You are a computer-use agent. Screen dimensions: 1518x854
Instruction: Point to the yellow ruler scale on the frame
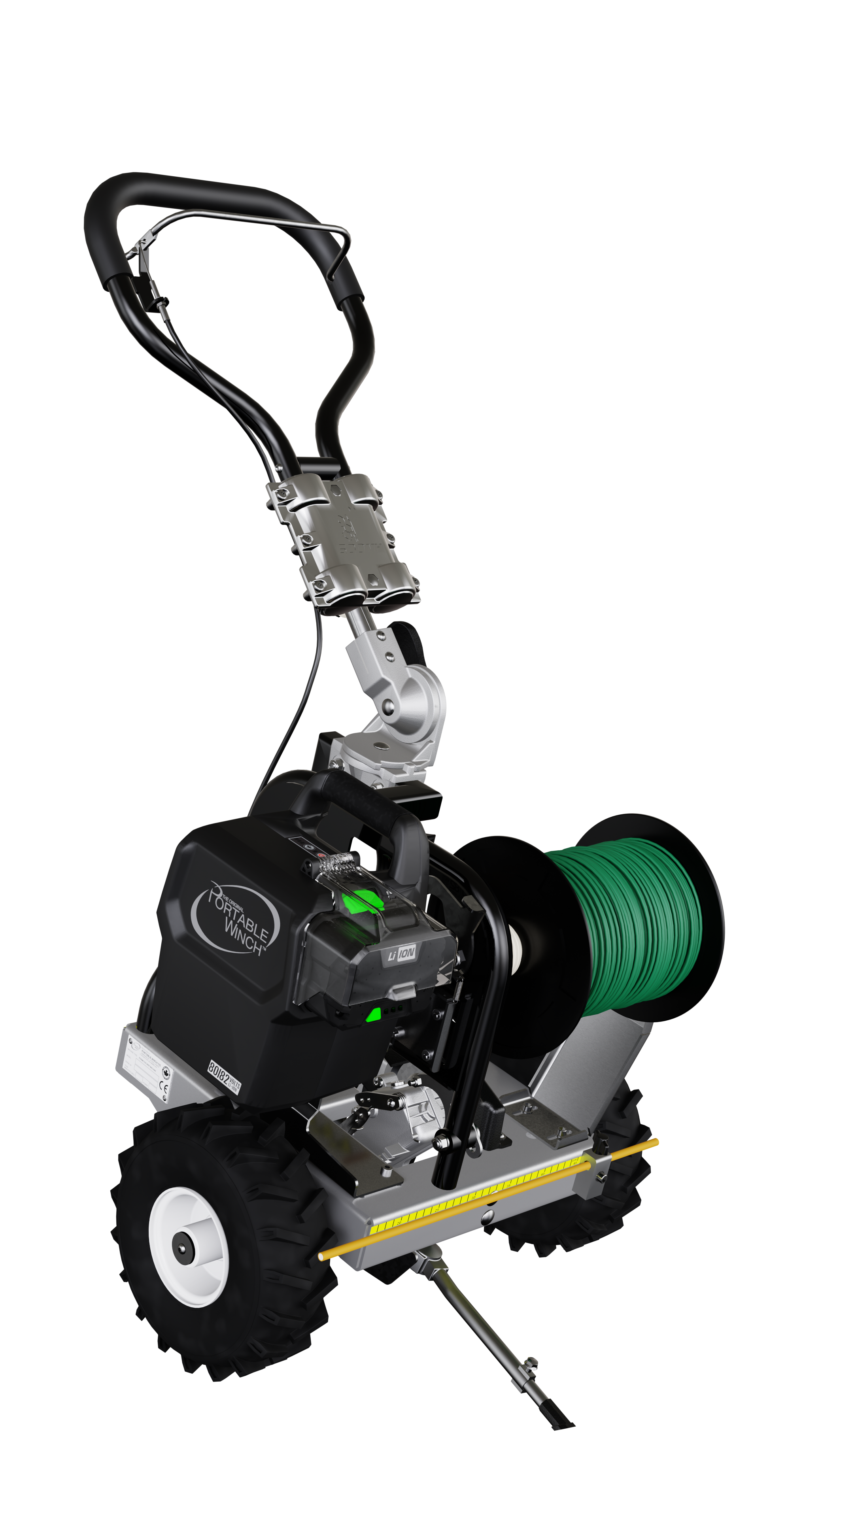pyautogui.click(x=472, y=1196)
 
